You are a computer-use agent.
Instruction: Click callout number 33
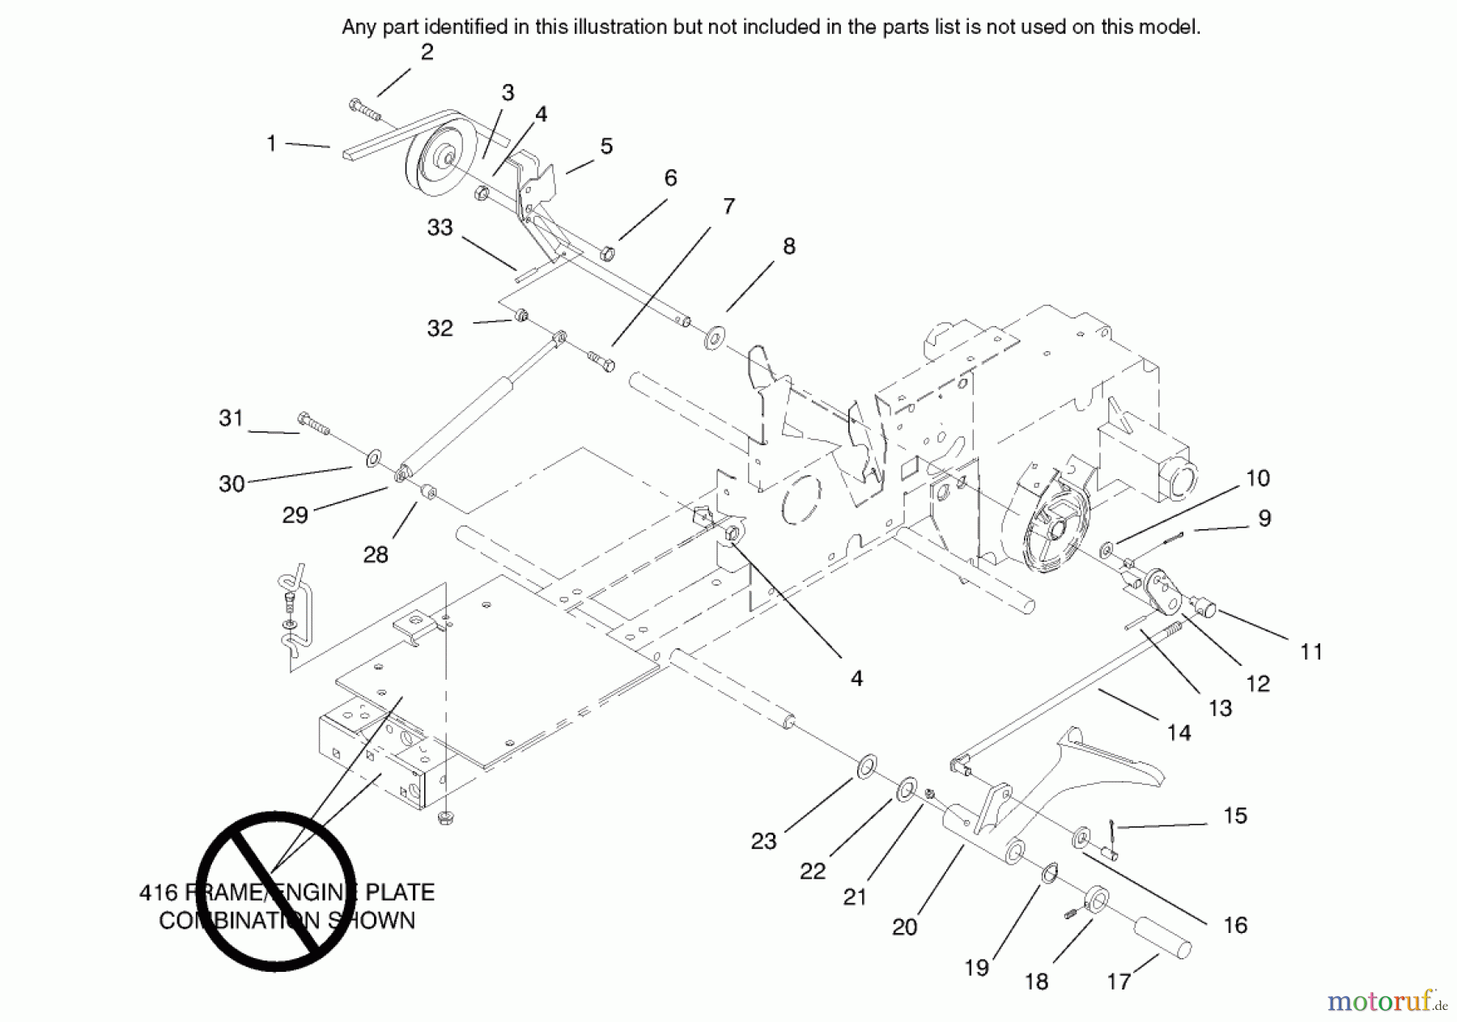[x=440, y=227]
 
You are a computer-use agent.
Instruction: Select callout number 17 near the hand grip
[x=1118, y=982]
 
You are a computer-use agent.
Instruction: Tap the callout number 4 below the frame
[x=856, y=679]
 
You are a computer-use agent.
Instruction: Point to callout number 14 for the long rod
[x=1179, y=732]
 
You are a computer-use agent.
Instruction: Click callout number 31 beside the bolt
[x=231, y=418]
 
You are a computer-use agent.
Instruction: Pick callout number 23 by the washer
[x=763, y=842]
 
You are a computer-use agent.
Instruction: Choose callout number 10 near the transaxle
[x=1257, y=478]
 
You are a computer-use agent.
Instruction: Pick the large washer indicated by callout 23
[x=866, y=764]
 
